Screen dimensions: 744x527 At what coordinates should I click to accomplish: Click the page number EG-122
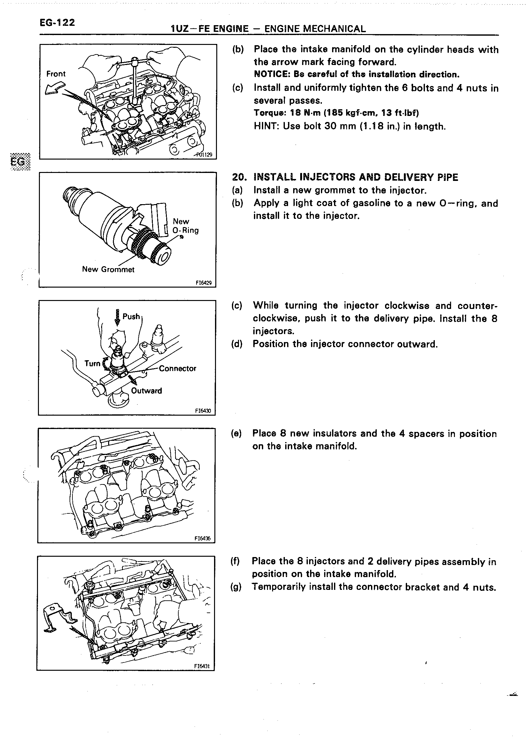[57, 23]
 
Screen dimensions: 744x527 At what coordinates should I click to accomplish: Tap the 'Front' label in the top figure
[56, 74]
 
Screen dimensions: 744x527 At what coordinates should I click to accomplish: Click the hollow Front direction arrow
[55, 88]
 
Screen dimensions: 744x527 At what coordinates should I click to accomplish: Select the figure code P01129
[204, 155]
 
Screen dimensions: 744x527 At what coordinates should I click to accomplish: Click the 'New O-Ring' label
[185, 226]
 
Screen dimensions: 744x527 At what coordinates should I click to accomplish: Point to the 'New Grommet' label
[108, 269]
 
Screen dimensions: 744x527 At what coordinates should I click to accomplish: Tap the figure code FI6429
[204, 283]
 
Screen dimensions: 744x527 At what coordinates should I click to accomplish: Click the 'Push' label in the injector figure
[131, 316]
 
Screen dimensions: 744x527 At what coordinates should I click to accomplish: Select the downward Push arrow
[117, 317]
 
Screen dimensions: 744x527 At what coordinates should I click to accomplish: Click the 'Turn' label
[93, 364]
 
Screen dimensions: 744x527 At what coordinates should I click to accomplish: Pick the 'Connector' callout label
[177, 368]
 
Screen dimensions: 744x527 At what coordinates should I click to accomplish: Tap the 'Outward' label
[146, 391]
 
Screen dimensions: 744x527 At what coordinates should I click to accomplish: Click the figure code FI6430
[203, 411]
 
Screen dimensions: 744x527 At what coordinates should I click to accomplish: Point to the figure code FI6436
[203, 539]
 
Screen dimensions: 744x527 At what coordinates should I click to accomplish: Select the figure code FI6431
[202, 666]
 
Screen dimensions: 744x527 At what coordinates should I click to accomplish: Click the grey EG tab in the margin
[20, 161]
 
